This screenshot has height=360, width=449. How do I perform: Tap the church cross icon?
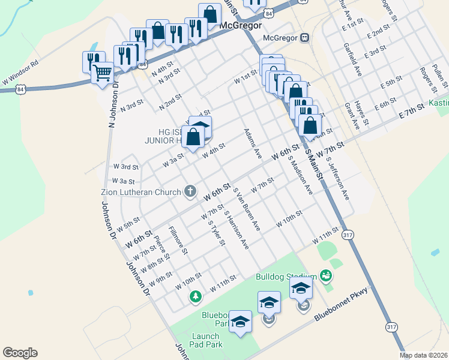[190, 192]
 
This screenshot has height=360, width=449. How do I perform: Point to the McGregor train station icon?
[305, 38]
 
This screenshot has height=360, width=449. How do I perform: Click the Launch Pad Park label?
[207, 340]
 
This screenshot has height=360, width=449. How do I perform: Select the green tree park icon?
[195, 296]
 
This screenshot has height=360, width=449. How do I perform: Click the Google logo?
[20, 353]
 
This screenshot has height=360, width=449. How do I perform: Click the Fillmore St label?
[179, 240]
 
